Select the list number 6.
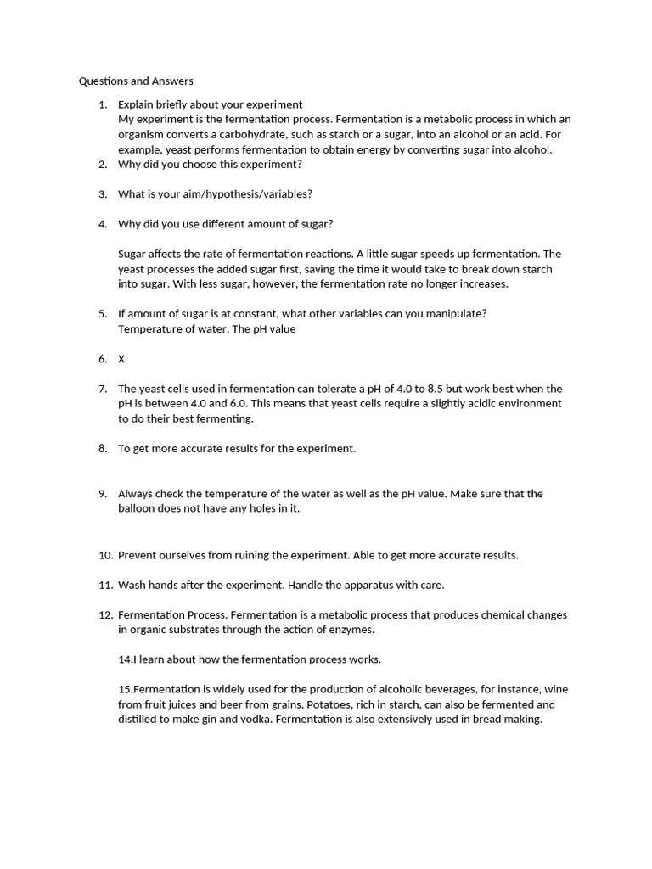click(x=103, y=359)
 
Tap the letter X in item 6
click(x=121, y=359)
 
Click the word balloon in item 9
click(x=138, y=509)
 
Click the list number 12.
click(x=105, y=614)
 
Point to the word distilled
click(x=140, y=720)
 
